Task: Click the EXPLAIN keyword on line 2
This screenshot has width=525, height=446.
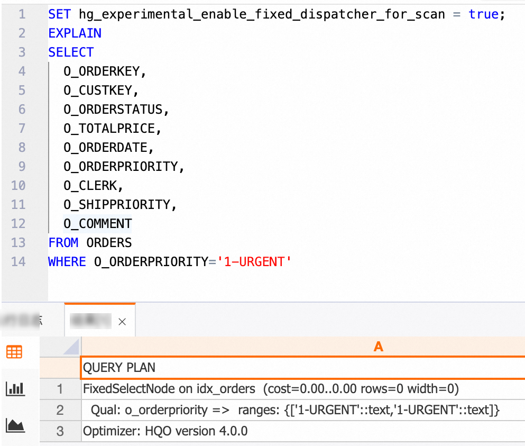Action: pyautogui.click(x=75, y=33)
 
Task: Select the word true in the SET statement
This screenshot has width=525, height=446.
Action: pyautogui.click(x=483, y=14)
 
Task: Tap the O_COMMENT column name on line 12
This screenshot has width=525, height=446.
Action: pyautogui.click(x=98, y=224)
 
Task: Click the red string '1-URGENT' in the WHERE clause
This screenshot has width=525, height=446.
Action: pyautogui.click(x=254, y=262)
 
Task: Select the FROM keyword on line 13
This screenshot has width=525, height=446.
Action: pyautogui.click(x=63, y=243)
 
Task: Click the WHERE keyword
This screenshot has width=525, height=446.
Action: pyautogui.click(x=67, y=262)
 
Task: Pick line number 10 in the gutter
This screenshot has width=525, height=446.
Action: pyautogui.click(x=18, y=186)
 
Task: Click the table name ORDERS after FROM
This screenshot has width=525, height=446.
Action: pyautogui.click(x=109, y=243)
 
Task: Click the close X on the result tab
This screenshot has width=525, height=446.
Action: pyautogui.click(x=122, y=321)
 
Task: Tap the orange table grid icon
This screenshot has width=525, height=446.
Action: pyautogui.click(x=14, y=352)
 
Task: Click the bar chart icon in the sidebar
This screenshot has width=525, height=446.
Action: pyautogui.click(x=14, y=389)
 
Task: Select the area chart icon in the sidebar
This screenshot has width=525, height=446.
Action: pyautogui.click(x=14, y=425)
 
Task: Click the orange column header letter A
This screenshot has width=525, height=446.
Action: pyautogui.click(x=378, y=347)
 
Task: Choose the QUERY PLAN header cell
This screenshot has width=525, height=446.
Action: pyautogui.click(x=119, y=368)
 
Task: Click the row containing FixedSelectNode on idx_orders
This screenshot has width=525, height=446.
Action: pyautogui.click(x=270, y=389)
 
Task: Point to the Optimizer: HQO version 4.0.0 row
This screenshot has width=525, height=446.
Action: pyautogui.click(x=165, y=431)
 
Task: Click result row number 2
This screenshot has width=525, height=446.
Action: pyautogui.click(x=60, y=410)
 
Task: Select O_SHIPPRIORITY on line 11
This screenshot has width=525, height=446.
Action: pyautogui.click(x=119, y=205)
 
